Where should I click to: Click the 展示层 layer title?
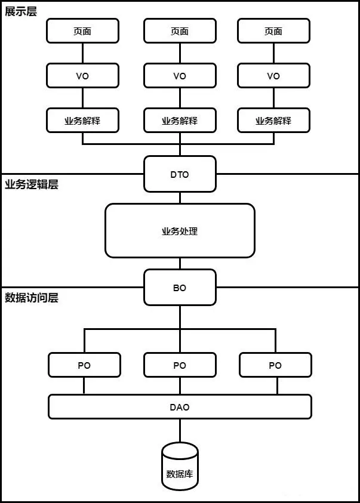(x=21, y=12)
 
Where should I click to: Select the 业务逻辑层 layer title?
(x=32, y=184)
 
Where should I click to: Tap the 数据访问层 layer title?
(x=32, y=298)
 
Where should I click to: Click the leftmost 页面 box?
(x=82, y=31)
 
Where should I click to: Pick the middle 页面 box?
(x=180, y=31)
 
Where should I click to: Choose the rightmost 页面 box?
(x=273, y=31)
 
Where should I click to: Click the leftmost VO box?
(x=82, y=76)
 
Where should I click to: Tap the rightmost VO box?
(x=273, y=76)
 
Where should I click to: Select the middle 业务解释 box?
(x=180, y=121)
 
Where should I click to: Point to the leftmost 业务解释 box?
(x=82, y=121)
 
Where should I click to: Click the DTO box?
(x=180, y=174)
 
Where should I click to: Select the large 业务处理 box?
(x=180, y=231)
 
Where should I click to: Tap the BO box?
(x=180, y=288)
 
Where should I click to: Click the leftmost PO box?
(x=84, y=365)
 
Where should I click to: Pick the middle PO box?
(x=180, y=365)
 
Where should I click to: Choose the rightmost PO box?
(x=275, y=365)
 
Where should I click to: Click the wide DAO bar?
(x=180, y=407)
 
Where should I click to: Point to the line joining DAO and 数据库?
(x=180, y=431)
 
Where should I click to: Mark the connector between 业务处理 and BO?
(x=180, y=264)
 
